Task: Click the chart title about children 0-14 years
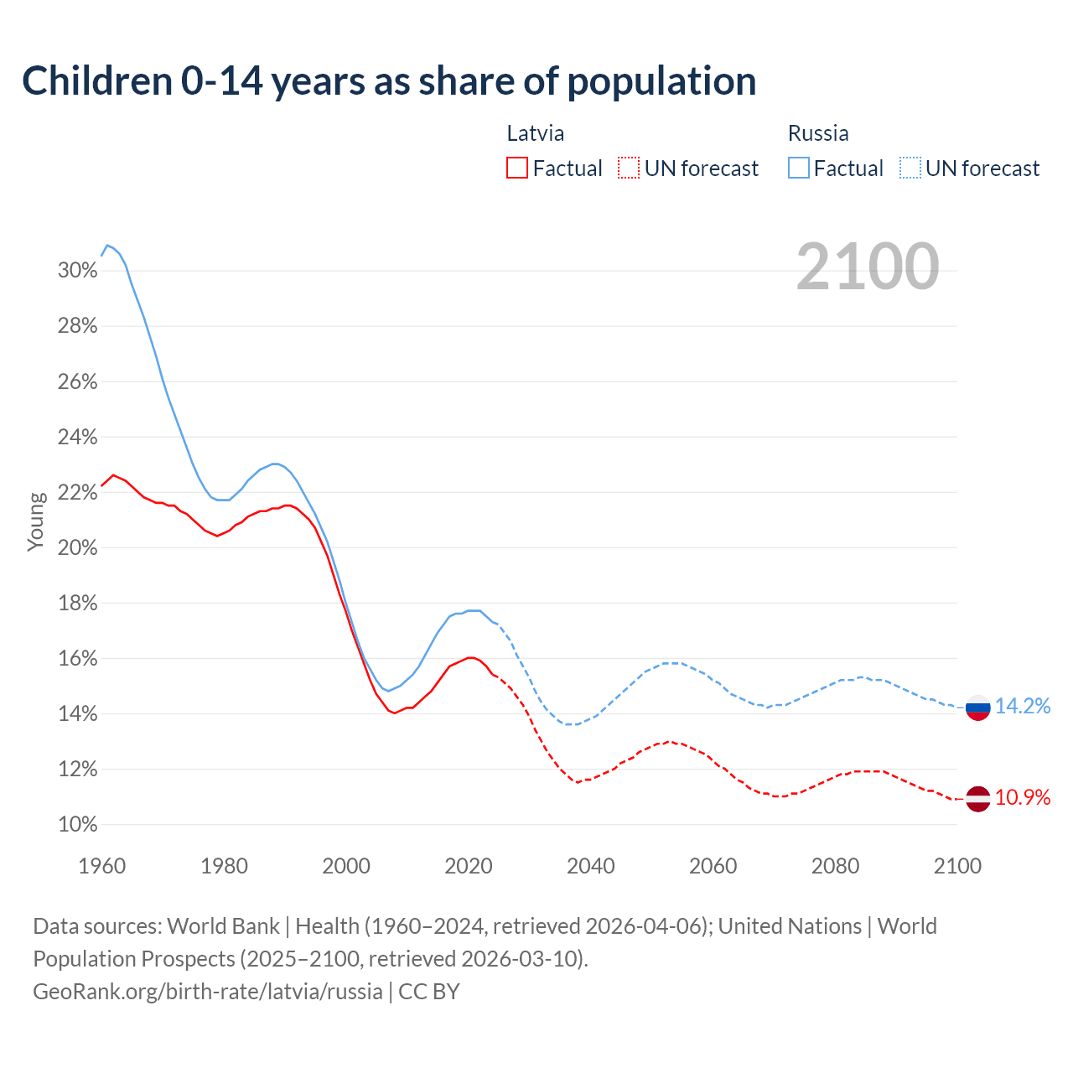tap(389, 81)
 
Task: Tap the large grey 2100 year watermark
tap(868, 267)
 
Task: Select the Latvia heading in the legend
tap(535, 133)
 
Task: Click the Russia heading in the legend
tap(818, 133)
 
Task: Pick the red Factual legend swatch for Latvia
tap(517, 168)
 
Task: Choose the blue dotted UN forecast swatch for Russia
tap(910, 168)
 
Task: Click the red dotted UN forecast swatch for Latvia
tap(629, 168)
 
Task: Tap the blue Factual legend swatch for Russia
tap(799, 168)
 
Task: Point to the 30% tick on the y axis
tap(77, 271)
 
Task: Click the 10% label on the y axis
tap(77, 825)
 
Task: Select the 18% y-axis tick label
tap(77, 604)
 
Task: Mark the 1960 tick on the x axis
tap(101, 866)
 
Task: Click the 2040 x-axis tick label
tap(591, 866)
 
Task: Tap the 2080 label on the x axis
tap(836, 866)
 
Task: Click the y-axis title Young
tap(36, 521)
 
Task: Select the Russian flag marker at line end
tap(978, 708)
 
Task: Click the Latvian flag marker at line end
tap(978, 799)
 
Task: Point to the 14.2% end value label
tap(1023, 707)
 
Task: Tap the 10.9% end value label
tap(1023, 798)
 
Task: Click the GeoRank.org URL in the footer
tap(207, 992)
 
